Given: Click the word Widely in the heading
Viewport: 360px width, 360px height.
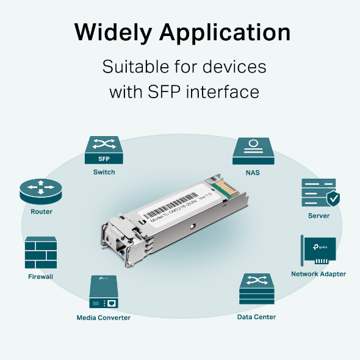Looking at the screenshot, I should pyautogui.click(x=111, y=32).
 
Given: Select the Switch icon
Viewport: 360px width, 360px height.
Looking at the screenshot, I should pyautogui.click(x=104, y=150).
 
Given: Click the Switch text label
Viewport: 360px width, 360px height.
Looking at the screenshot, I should pyautogui.click(x=104, y=172).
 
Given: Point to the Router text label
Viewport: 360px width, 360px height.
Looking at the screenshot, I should pyautogui.click(x=41, y=212).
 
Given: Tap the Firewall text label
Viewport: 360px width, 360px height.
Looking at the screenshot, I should pyautogui.click(x=41, y=276).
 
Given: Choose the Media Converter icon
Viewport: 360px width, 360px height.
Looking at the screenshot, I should pyautogui.click(x=103, y=292).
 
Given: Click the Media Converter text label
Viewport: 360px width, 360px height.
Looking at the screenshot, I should pyautogui.click(x=104, y=317).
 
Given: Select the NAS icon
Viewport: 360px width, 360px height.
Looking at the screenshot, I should pyautogui.click(x=252, y=150).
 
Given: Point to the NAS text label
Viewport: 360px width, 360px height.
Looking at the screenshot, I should pyautogui.click(x=253, y=173).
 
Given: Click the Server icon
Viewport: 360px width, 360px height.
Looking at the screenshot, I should pyautogui.click(x=318, y=193).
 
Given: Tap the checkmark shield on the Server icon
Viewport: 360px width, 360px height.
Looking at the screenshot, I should pyautogui.click(x=333, y=199).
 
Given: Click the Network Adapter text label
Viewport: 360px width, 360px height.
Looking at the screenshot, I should pyautogui.click(x=319, y=274).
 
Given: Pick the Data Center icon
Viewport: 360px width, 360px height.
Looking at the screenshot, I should pyautogui.click(x=256, y=290).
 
